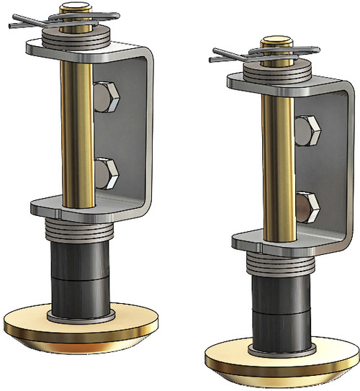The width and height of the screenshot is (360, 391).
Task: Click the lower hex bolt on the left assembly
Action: coord(107,172)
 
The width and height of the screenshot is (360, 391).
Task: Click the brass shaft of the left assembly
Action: coord(74,130)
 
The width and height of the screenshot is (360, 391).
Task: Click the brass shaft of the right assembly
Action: coord(276,166)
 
